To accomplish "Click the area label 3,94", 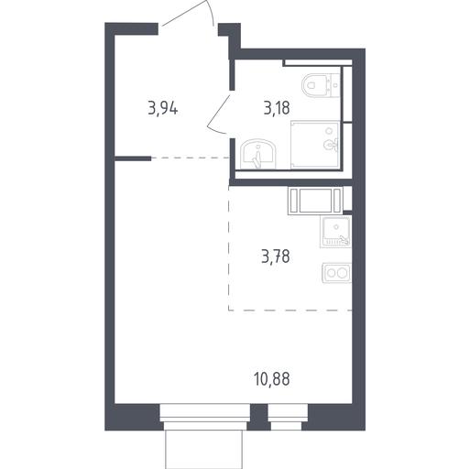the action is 163,108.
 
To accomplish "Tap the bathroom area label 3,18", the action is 277,108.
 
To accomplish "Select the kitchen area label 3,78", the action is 276,256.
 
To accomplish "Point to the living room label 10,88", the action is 272,379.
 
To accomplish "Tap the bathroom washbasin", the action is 258,154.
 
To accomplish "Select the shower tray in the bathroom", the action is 315,145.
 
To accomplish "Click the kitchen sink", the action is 336,231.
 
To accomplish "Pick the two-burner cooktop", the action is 336,272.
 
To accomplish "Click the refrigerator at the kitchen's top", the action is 315,201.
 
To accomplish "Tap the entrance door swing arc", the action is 188,12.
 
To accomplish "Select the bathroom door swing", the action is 218,115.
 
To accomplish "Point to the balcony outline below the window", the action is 203,449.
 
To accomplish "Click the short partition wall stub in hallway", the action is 133,158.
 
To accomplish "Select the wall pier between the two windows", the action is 259,417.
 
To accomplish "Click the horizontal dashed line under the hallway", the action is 191,158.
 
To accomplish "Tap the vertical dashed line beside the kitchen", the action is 229,248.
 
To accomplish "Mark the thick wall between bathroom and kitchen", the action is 290,182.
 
